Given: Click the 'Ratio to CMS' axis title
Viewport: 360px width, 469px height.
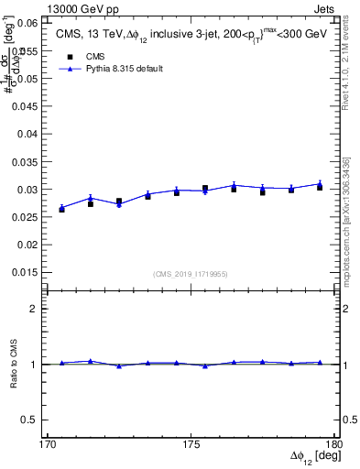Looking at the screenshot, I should coord(14,364).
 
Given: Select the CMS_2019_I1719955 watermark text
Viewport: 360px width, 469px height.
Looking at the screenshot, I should coord(191,273).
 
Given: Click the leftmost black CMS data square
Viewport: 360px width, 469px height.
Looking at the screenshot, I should coord(61,210).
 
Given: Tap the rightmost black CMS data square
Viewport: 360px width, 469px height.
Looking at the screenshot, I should coord(320,187).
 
